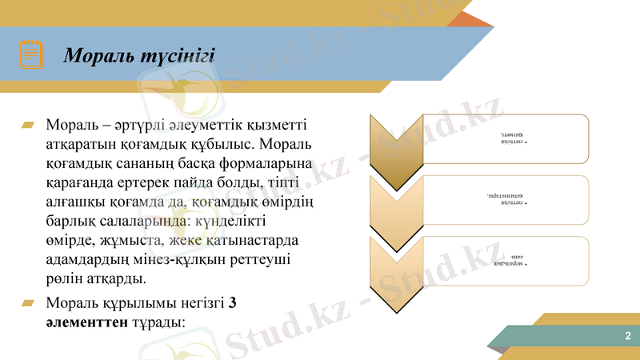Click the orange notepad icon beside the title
point(31,54)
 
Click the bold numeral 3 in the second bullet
point(232,304)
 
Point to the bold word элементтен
point(84,323)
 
